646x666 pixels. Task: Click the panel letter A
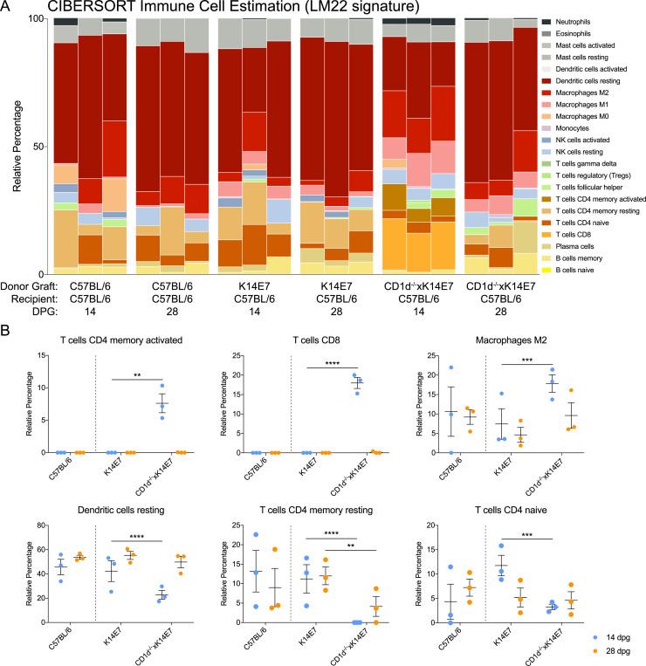coord(8,8)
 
